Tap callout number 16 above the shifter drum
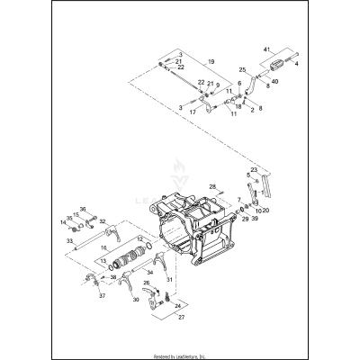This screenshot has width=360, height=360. (x=103, y=247)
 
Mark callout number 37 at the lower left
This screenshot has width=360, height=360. (x=102, y=295)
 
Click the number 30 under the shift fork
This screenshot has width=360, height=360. (x=136, y=300)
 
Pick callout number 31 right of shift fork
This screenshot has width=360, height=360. (x=193, y=280)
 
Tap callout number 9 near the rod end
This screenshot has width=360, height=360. (x=216, y=85)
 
